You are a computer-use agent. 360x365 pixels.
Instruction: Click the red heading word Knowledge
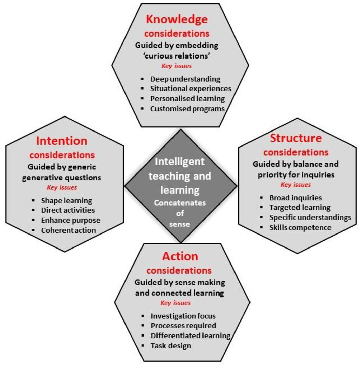[x=177, y=19]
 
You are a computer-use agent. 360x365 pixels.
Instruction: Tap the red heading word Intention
[x=62, y=141]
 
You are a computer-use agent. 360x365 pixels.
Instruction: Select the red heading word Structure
[x=296, y=138]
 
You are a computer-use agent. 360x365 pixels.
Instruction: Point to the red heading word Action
[x=180, y=256]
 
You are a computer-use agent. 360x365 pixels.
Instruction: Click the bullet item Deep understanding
[x=185, y=79]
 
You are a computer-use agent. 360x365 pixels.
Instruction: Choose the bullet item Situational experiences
[x=191, y=89]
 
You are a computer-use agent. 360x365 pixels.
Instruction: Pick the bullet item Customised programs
[x=187, y=109]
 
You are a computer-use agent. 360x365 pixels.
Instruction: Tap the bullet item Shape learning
[x=67, y=201]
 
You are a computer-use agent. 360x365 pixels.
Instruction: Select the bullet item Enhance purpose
[x=71, y=220]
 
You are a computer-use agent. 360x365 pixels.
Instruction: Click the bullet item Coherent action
[x=68, y=230]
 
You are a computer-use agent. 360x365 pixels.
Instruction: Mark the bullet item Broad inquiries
[x=295, y=198]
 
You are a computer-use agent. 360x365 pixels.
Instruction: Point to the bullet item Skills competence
[x=300, y=227]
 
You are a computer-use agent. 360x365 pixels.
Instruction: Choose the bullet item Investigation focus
[x=183, y=316]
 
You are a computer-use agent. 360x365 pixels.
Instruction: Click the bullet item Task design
[x=170, y=346]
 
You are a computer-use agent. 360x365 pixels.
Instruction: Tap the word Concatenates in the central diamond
[x=180, y=203]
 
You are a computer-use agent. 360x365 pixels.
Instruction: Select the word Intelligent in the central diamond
[x=180, y=162]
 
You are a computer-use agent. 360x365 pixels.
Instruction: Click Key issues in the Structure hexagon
[x=296, y=185]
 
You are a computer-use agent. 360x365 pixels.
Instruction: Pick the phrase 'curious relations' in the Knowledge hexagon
[x=177, y=56]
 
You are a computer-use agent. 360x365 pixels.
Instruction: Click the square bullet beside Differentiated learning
[x=143, y=336]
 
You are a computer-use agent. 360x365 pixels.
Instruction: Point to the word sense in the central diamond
[x=179, y=224]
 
